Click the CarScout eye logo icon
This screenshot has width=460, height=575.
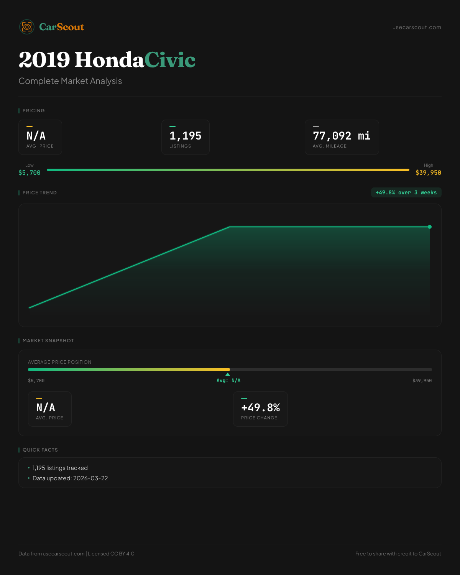point(27,27)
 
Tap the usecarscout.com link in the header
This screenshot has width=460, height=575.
point(417,28)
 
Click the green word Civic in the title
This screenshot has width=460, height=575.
point(170,60)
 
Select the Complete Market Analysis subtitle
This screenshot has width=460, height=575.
point(70,81)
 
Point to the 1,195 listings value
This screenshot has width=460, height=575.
point(185,136)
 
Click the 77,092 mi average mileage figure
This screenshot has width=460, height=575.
point(342,136)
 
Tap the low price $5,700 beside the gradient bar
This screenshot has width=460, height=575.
point(30,173)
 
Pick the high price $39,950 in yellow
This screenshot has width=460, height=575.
point(428,173)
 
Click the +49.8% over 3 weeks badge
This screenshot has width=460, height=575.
point(406,193)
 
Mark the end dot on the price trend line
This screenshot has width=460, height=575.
point(430,227)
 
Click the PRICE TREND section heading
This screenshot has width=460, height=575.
point(39,193)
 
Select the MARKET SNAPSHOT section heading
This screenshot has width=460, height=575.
point(48,341)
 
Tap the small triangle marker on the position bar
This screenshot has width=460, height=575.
point(228,374)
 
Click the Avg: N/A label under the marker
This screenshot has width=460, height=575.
point(228,381)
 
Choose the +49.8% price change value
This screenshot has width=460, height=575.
point(260,407)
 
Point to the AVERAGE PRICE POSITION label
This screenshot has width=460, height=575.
point(60,362)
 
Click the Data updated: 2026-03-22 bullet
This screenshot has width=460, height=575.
point(70,478)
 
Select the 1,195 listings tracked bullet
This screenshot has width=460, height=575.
point(60,468)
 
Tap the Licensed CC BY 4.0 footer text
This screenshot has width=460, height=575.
point(111,554)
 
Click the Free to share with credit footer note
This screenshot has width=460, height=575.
point(398,554)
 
